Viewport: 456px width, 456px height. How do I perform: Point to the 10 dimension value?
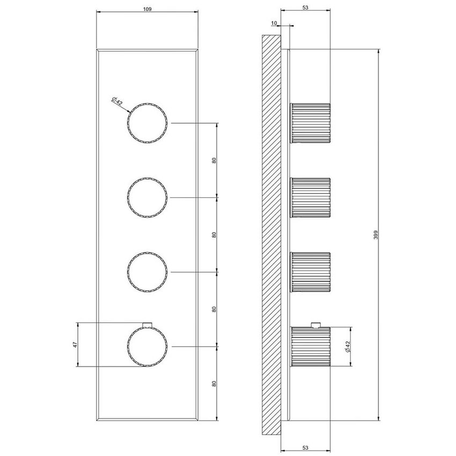[x=274, y=24]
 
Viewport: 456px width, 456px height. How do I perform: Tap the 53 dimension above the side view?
[x=305, y=9]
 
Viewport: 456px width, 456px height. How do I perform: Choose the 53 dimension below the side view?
[x=305, y=447]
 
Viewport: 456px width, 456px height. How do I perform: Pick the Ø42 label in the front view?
[x=117, y=100]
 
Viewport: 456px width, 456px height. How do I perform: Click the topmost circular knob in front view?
[x=148, y=123]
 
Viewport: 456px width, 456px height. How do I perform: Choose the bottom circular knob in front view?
[x=148, y=347]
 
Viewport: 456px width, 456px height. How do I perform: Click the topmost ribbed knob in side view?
[x=310, y=123]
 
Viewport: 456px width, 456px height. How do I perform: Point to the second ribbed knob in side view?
[x=310, y=197]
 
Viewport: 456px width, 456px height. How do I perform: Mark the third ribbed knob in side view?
[x=310, y=272]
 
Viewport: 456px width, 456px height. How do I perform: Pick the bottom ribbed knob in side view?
[x=310, y=347]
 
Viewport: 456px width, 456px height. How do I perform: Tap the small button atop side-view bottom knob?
[x=316, y=324]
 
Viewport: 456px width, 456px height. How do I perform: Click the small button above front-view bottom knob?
[x=148, y=323]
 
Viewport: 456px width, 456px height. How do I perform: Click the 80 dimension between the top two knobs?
[x=214, y=160]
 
